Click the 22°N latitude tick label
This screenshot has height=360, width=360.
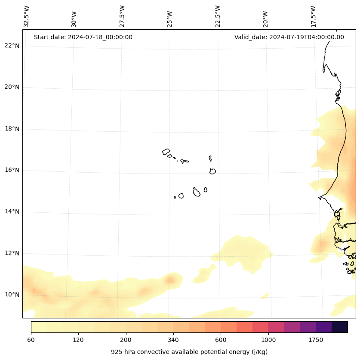pos(12,46)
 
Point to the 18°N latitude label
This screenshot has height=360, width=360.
pos(12,129)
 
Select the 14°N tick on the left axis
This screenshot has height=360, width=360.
pos(12,211)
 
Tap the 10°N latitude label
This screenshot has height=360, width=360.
pos(12,295)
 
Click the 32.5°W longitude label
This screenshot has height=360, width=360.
pos(27,16)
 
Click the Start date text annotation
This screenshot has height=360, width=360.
pos(83,37)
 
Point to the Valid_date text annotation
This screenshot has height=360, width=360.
pos(289,37)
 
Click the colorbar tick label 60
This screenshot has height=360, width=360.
pos(31,340)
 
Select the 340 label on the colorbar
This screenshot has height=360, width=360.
pos(173,340)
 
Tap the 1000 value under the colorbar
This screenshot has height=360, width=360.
pos(268,340)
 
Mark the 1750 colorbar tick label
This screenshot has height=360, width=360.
pos(316,340)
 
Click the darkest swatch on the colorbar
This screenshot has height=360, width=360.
pos(340,327)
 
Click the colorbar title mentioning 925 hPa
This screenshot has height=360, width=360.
pos(189,352)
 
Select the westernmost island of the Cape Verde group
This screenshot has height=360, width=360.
pos(166,152)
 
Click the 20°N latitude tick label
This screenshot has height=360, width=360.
pos(12,87)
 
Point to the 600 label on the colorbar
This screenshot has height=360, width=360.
pos(221,340)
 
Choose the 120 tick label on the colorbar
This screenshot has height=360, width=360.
pos(78,340)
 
